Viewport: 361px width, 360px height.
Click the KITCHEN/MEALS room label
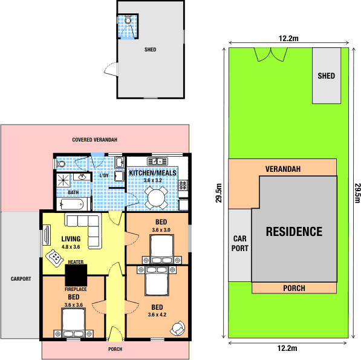point(152,173)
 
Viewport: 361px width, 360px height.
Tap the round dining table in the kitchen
point(157,195)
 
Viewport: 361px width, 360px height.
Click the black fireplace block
point(77,276)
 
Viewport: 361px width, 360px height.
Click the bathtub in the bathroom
point(74,205)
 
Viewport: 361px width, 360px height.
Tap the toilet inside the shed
point(128,20)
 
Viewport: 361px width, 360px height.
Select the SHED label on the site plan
point(326,76)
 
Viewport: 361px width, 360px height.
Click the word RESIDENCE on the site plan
point(294,231)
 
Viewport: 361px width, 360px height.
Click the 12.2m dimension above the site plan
point(288,39)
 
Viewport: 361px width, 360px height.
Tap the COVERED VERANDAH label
point(94,140)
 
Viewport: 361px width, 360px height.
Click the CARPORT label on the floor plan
point(20,279)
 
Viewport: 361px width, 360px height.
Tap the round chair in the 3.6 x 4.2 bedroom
point(178,327)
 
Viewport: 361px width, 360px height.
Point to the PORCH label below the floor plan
point(115,349)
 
